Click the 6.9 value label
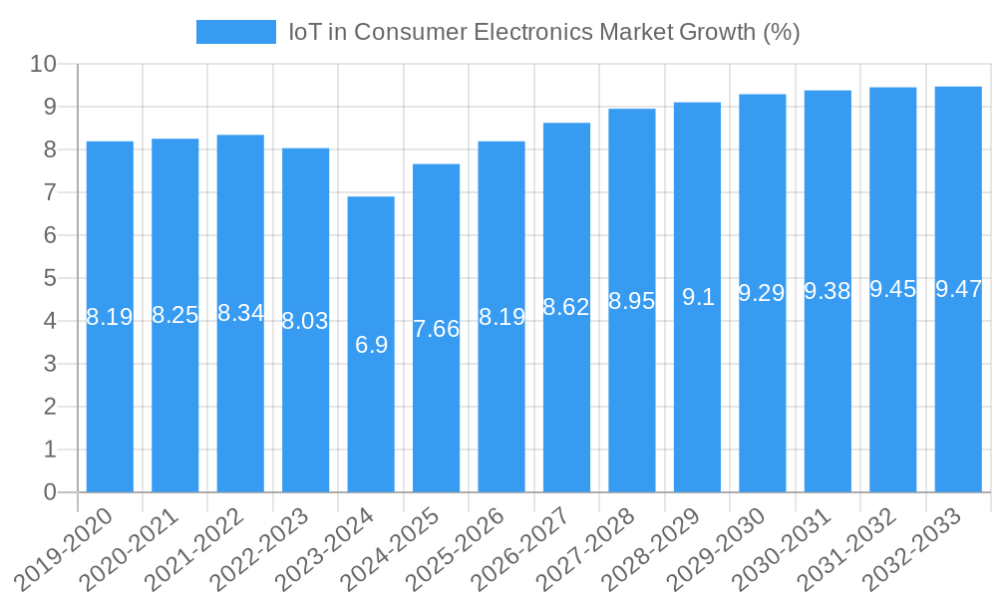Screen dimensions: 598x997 coord(371,345)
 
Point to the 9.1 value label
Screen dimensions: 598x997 coord(698,297)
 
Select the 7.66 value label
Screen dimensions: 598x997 coord(437,329)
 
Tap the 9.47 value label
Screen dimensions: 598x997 coord(958,290)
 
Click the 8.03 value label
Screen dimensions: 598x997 coord(306,321)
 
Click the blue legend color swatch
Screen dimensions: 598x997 coord(236,32)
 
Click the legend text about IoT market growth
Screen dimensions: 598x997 coord(544,32)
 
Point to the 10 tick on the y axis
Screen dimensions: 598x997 coord(43,64)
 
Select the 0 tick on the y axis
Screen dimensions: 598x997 coord(50,492)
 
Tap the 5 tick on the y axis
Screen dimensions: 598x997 coord(50,278)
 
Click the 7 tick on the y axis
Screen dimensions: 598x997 coord(50,192)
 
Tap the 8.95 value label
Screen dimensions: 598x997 coord(632,301)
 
